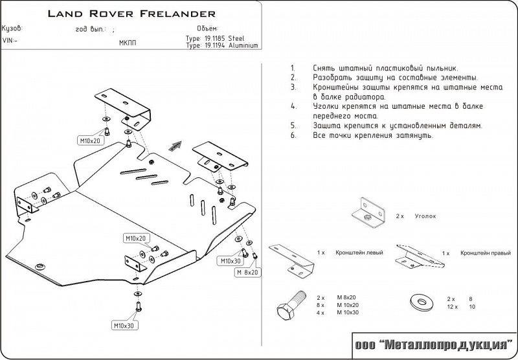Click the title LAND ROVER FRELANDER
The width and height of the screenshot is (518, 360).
click(131, 13)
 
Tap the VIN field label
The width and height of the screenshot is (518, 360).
click(10, 40)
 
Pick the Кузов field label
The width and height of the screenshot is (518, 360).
click(12, 29)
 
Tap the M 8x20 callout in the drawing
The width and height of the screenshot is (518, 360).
click(246, 272)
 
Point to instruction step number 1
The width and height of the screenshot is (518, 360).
click(293, 68)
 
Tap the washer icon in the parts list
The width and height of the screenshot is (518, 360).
click(420, 302)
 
